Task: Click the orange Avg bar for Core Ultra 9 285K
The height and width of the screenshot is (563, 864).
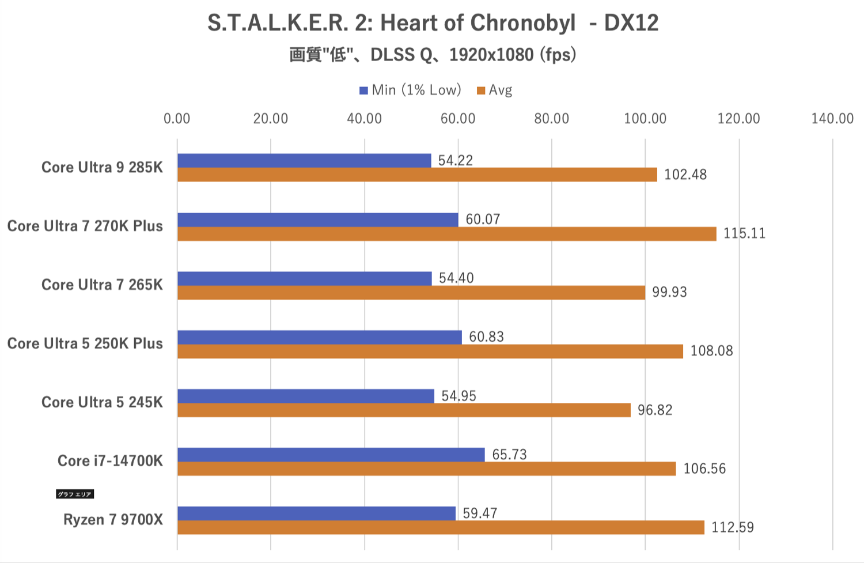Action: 417,175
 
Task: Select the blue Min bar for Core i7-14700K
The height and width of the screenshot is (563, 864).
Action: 331,455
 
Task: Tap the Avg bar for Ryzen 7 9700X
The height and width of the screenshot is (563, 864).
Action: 441,527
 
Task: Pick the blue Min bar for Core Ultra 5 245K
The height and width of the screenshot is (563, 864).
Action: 306,396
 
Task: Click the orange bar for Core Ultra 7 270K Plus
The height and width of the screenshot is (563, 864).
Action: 447,233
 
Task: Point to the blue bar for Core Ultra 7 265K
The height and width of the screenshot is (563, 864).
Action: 305,278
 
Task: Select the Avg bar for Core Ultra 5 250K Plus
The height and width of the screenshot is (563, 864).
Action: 430,351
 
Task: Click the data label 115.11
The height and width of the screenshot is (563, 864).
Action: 744,233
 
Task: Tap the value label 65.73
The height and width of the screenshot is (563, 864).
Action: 509,455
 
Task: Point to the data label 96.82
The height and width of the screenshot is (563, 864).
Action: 655,410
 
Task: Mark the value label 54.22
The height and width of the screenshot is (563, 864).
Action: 455,161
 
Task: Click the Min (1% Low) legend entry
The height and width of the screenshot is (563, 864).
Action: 410,90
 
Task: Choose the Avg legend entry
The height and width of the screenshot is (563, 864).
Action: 495,90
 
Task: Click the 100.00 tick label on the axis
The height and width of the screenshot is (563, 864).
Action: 645,119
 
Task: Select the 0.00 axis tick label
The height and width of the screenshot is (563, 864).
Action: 177,119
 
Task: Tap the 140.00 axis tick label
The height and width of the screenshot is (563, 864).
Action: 832,119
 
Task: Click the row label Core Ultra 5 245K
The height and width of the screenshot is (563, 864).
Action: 102,402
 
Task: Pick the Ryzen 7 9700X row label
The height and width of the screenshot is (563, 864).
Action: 113,520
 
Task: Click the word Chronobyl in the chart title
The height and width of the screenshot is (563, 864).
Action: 522,24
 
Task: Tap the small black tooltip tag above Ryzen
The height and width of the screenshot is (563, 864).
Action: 75,494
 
